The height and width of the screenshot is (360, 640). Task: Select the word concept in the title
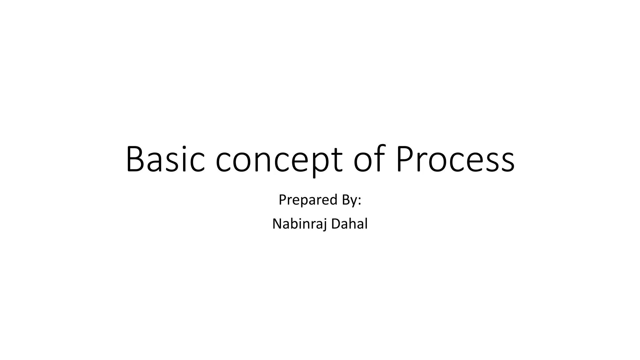point(279,160)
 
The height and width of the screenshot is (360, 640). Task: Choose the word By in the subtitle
point(350,200)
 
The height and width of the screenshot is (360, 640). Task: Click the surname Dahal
point(349,224)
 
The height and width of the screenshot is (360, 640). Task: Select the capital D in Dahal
point(335,224)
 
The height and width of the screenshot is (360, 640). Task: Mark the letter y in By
point(354,202)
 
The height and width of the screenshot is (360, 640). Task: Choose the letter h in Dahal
point(352,224)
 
